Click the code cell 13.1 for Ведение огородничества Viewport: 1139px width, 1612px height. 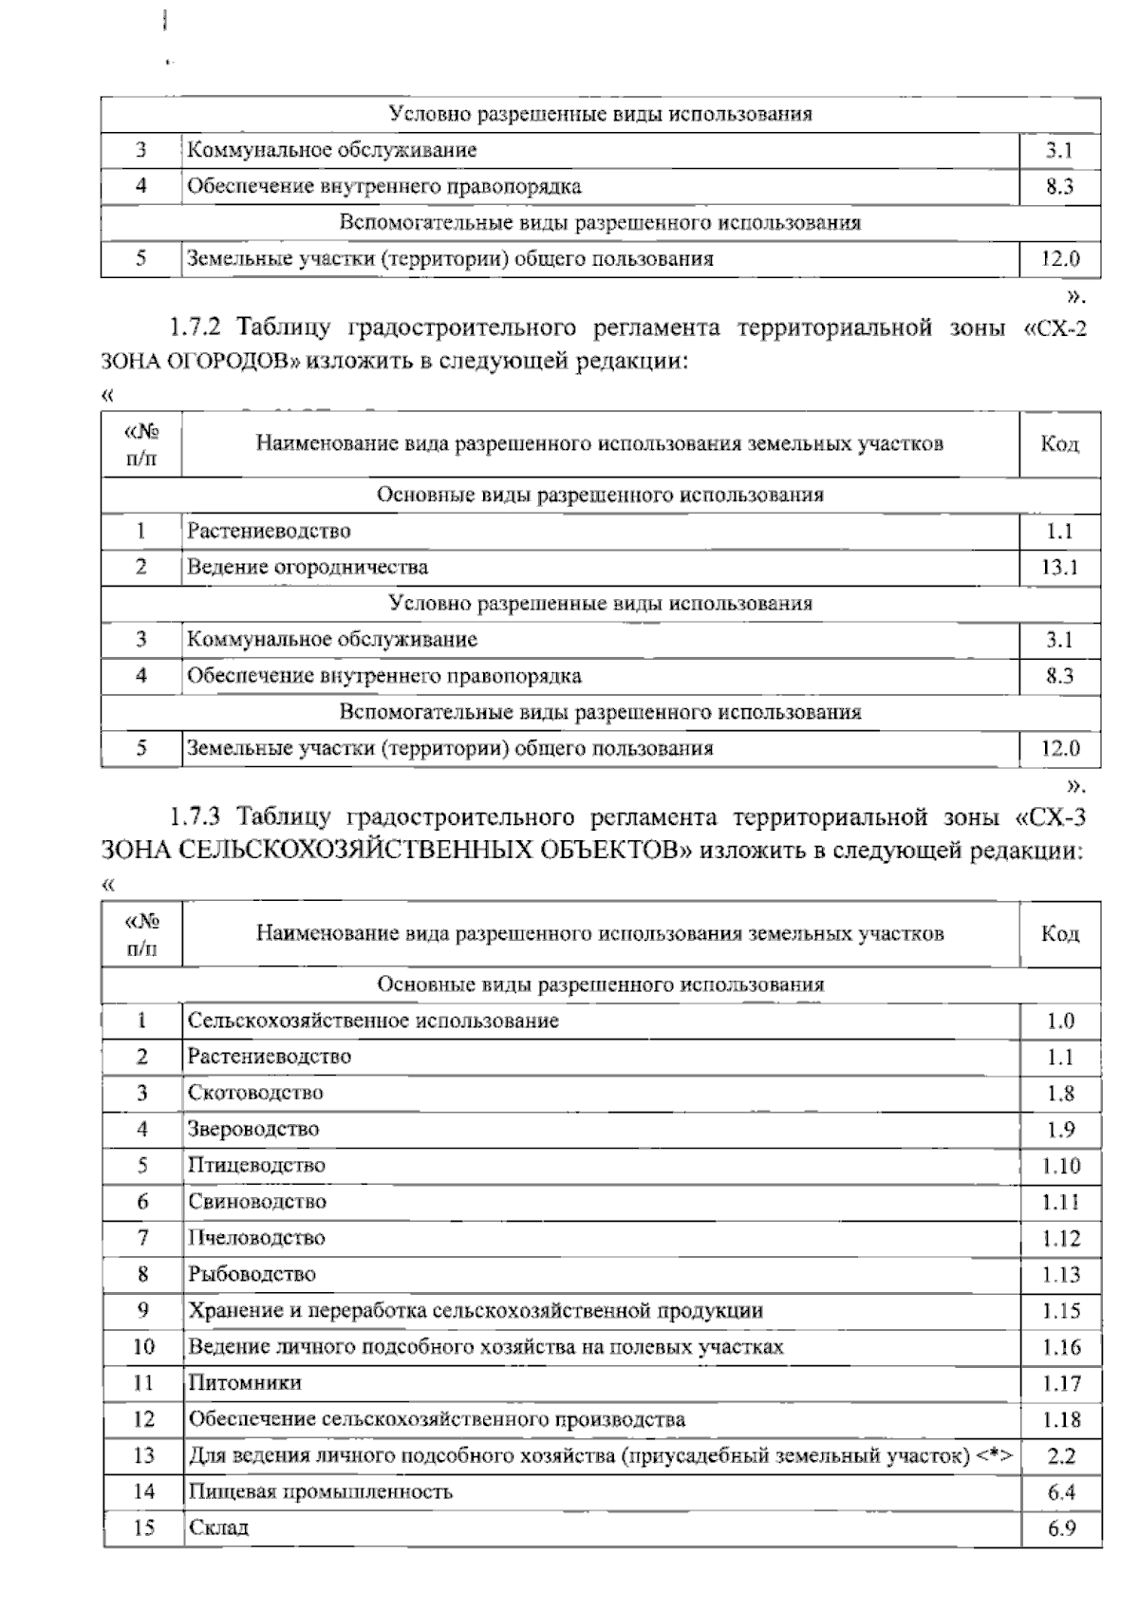pyautogui.click(x=1060, y=568)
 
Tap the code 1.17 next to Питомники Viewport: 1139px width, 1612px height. pyautogui.click(x=1060, y=1384)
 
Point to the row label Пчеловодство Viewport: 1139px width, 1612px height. pyautogui.click(x=256, y=1238)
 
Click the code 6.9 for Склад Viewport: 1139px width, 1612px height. pyautogui.click(x=1060, y=1528)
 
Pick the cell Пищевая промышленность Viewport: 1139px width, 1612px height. pyautogui.click(x=320, y=1491)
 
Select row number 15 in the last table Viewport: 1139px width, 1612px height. pyautogui.click(x=142, y=1528)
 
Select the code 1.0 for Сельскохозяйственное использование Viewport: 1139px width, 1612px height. pyautogui.click(x=1060, y=1022)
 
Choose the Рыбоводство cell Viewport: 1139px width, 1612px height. pyautogui.click(x=252, y=1274)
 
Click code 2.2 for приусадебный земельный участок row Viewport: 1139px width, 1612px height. pyautogui.click(x=1060, y=1456)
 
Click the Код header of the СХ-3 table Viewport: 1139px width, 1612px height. pyautogui.click(x=1060, y=934)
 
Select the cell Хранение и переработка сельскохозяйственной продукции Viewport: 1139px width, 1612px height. pyautogui.click(x=475, y=1311)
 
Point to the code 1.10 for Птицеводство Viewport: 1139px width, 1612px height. pyautogui.click(x=1060, y=1166)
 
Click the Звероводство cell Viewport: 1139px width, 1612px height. pyautogui.click(x=252, y=1130)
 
